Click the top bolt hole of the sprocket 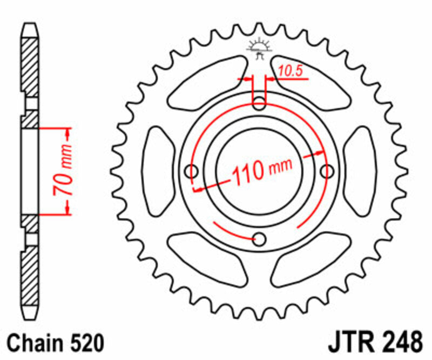tap(259, 103)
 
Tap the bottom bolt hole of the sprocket tap(259, 239)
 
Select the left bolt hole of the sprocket tap(192, 171)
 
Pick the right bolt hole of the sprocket tap(327, 171)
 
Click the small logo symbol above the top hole tap(259, 48)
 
